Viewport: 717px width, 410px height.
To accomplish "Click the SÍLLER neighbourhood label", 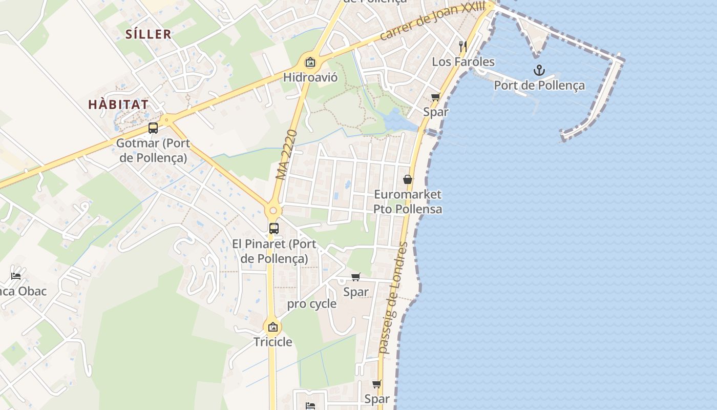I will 149,34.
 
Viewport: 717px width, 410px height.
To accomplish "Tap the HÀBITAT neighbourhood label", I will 118,105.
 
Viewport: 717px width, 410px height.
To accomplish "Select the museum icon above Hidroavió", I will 310,63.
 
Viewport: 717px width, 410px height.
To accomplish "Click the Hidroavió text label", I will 310,77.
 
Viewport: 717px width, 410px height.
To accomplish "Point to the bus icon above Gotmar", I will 153,128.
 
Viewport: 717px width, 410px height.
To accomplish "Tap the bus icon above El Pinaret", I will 274,229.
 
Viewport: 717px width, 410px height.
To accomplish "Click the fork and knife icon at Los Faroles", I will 463,46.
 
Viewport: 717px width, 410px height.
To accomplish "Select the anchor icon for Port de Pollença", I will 539,70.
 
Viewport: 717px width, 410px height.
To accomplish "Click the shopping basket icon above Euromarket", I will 408,179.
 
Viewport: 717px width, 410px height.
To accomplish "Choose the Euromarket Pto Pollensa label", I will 408,202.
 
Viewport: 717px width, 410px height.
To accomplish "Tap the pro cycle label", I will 311,304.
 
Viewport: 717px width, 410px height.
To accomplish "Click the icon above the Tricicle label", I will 273,326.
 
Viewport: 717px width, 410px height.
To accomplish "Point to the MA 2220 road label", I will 286,154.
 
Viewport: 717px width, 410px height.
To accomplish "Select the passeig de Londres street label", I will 393,298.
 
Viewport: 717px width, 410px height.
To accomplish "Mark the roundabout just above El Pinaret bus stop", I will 273,211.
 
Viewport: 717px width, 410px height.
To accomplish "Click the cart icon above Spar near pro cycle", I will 356,277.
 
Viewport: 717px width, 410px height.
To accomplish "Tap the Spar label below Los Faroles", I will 436,112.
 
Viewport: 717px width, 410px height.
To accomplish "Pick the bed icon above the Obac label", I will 16,276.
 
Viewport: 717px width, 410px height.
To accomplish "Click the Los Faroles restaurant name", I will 463,62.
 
